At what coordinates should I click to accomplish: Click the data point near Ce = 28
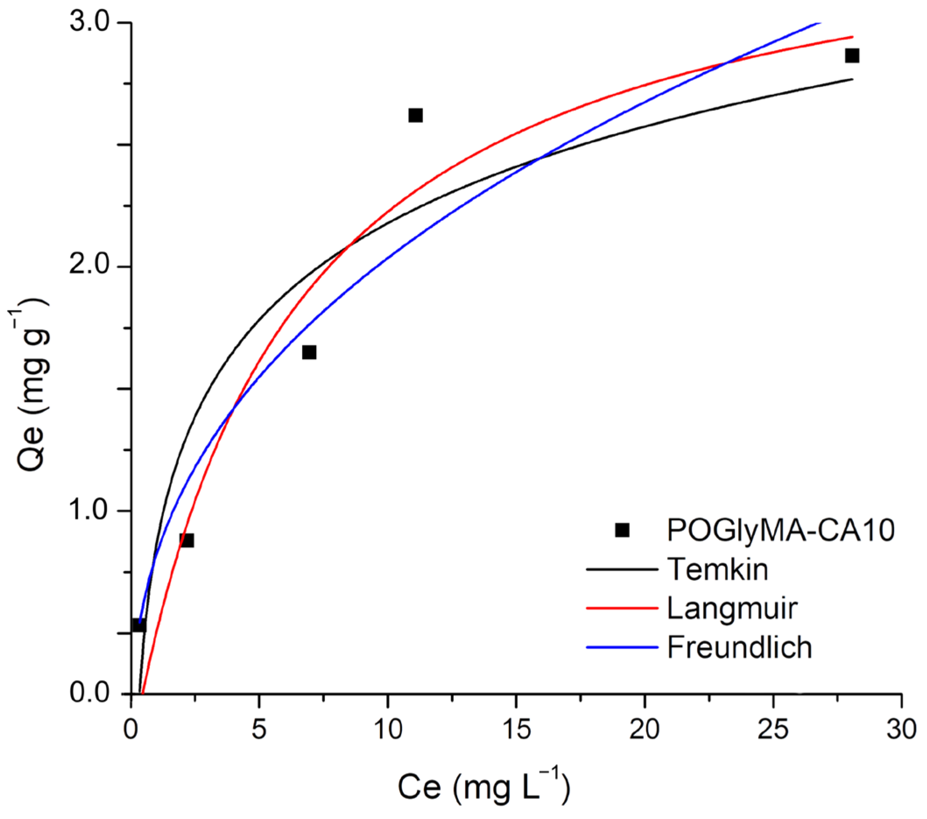click(x=852, y=56)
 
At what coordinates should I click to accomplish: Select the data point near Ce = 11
click(x=416, y=115)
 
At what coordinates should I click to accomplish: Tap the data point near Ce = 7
click(x=309, y=352)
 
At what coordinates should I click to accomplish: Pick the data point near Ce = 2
click(x=187, y=540)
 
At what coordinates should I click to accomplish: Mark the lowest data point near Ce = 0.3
click(x=138, y=626)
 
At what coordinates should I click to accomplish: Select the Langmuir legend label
click(x=732, y=608)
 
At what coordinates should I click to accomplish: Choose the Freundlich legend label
click(x=740, y=647)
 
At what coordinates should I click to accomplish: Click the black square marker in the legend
click(x=622, y=530)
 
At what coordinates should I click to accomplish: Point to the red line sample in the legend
click(x=622, y=608)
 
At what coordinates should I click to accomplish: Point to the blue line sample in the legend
click(x=622, y=647)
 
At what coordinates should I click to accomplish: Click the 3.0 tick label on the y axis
click(x=90, y=22)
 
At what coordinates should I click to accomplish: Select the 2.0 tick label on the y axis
click(x=90, y=266)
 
